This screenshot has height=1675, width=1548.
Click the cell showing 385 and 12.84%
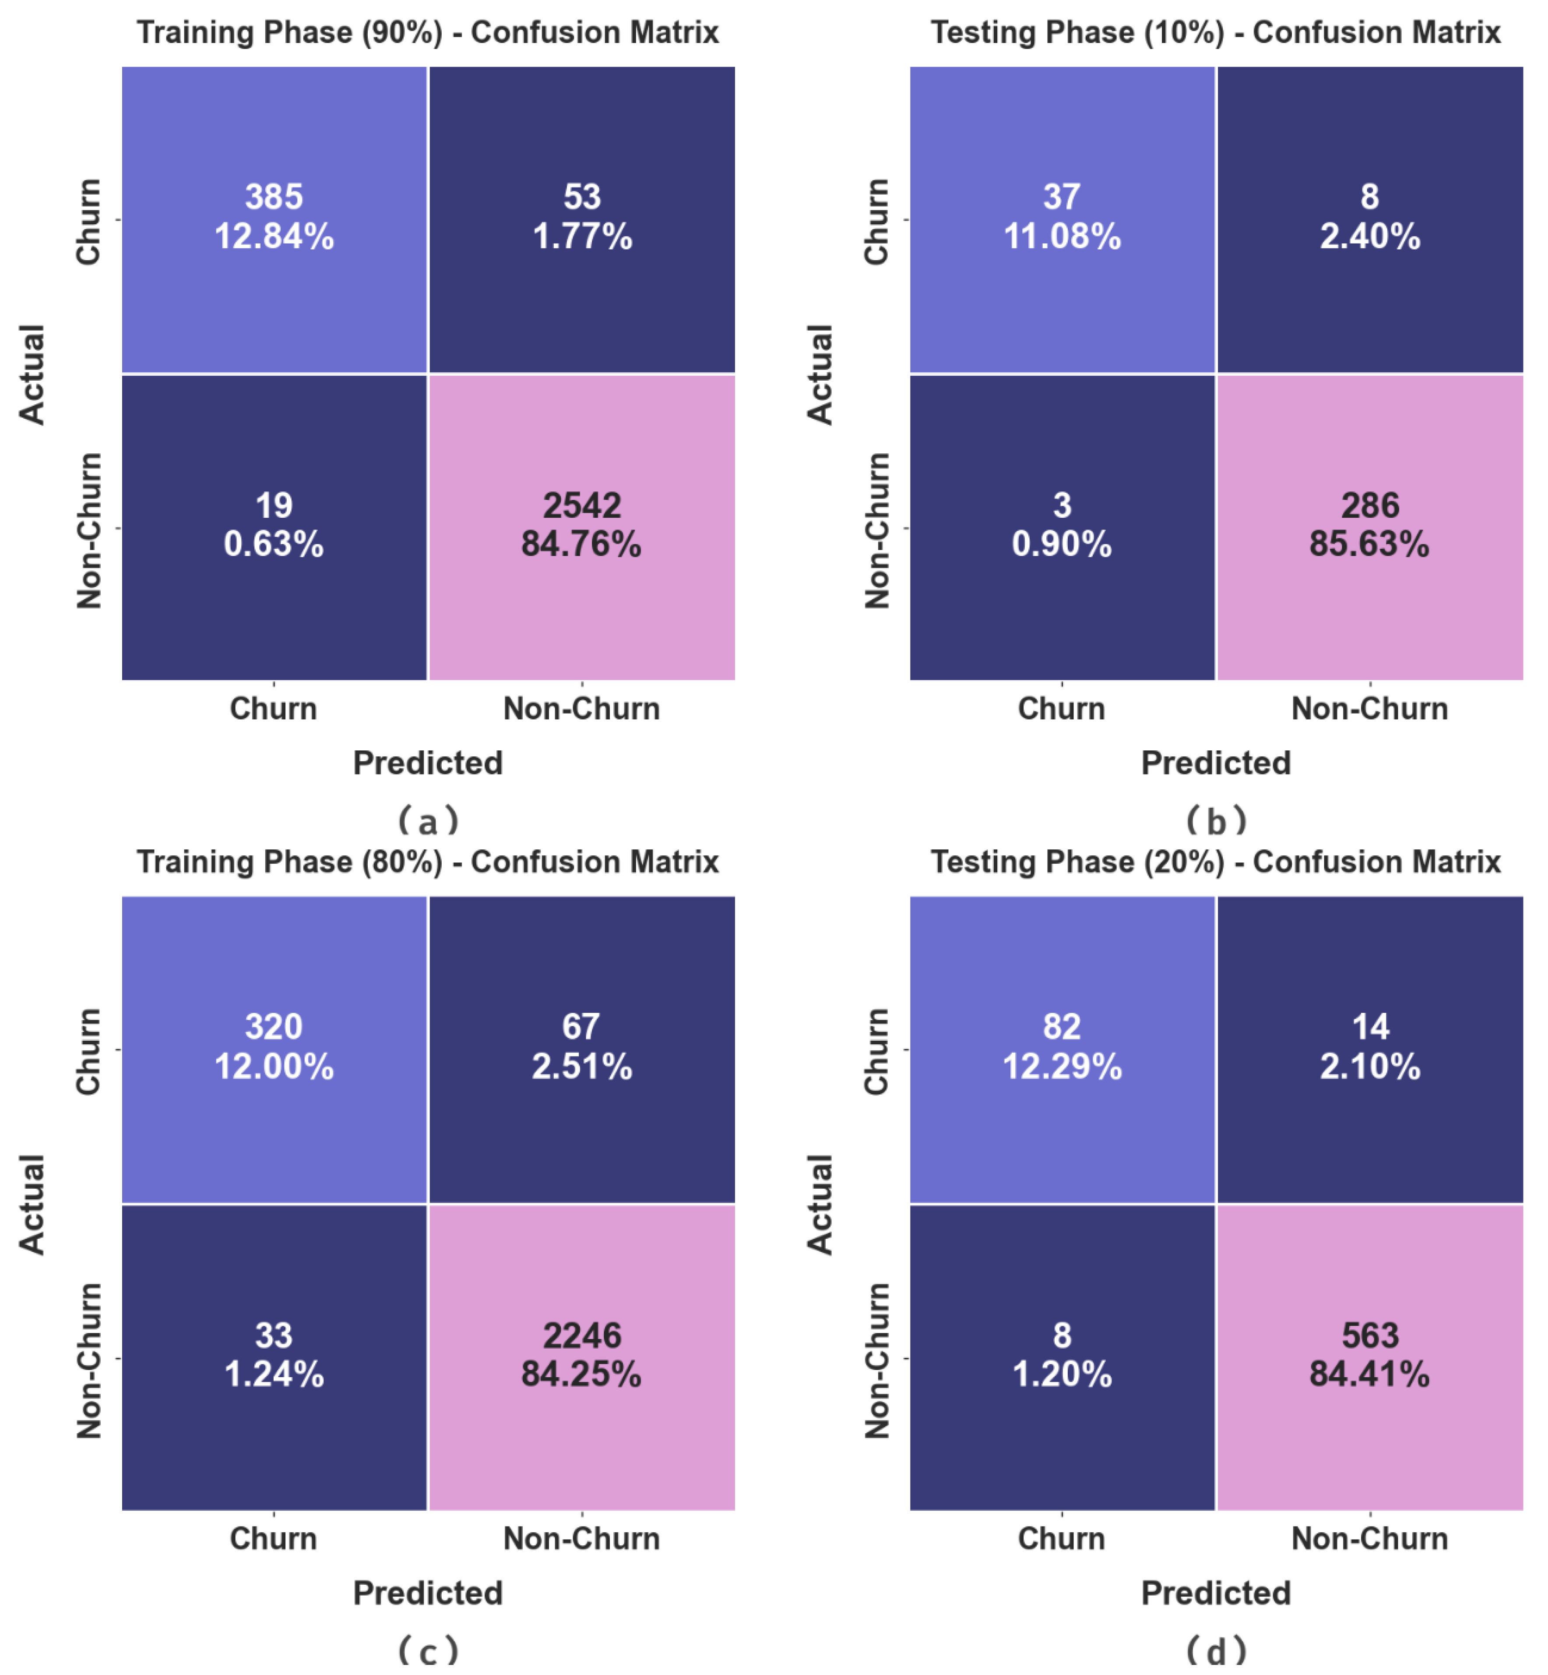click(274, 219)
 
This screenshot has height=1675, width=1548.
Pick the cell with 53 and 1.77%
click(581, 219)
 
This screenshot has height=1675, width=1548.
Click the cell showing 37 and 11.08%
click(1062, 219)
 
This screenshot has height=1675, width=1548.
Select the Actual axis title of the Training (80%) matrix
click(32, 1204)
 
